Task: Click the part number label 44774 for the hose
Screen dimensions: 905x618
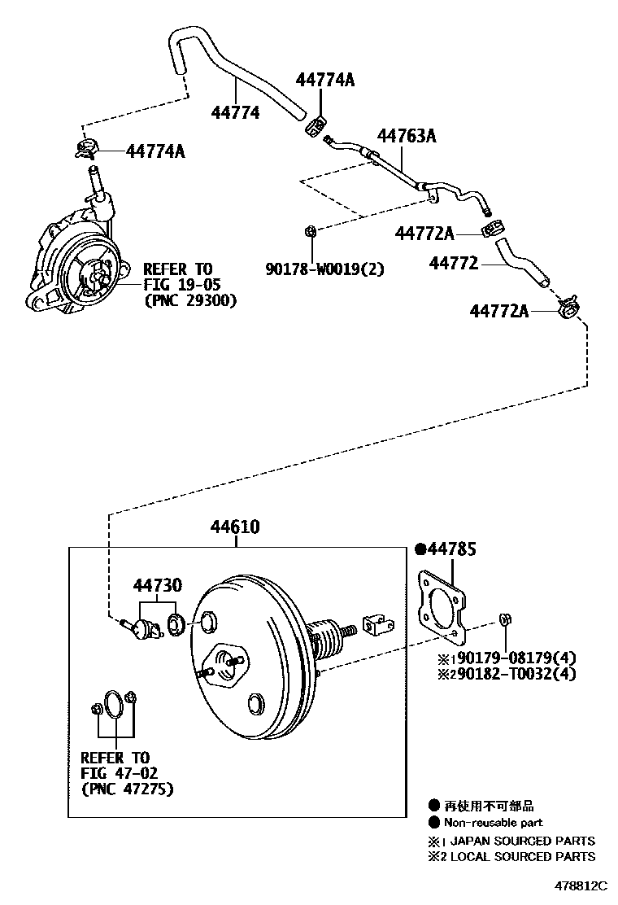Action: [236, 112]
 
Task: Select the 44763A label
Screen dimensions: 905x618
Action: [406, 136]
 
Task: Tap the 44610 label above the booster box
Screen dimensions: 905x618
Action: [236, 527]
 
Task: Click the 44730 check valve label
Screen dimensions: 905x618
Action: [158, 585]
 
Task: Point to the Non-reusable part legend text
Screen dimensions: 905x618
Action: [493, 823]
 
